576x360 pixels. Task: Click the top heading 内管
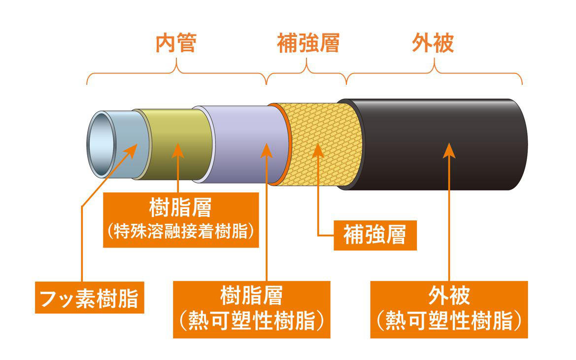pyautogui.click(x=176, y=44)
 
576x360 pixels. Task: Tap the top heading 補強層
pyautogui.click(x=308, y=44)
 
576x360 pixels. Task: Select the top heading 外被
pyautogui.click(x=433, y=44)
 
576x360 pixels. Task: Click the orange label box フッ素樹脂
pyautogui.click(x=89, y=297)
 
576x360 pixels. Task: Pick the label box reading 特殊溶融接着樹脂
pyautogui.click(x=180, y=219)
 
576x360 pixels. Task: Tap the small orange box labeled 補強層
pyautogui.click(x=375, y=235)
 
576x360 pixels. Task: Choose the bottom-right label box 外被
pyautogui.click(x=449, y=309)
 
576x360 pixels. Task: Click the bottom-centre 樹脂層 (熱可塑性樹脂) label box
pyautogui.click(x=252, y=309)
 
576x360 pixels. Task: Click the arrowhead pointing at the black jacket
pyautogui.click(x=449, y=149)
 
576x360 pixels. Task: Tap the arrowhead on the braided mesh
pyautogui.click(x=319, y=149)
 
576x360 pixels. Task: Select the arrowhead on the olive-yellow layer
pyautogui.click(x=178, y=149)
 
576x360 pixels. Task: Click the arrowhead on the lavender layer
pyautogui.click(x=266, y=149)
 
